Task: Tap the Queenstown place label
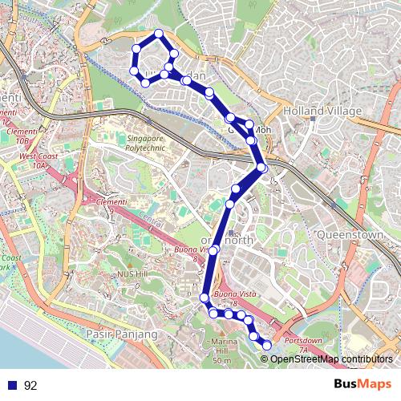click(352, 235)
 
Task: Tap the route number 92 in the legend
click(30, 386)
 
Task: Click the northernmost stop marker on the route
click(160, 34)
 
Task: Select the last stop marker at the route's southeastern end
click(267, 345)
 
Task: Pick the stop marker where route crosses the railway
click(262, 167)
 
